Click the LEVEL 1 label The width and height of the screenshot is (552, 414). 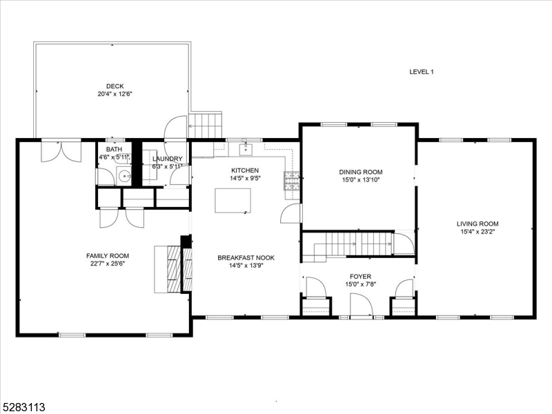421,72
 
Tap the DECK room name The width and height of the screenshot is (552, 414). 115,86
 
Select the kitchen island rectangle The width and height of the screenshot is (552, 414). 232,200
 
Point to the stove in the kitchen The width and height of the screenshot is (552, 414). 291,181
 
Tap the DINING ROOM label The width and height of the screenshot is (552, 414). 359,172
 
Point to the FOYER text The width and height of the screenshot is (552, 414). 359,276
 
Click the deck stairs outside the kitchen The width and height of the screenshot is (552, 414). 206,126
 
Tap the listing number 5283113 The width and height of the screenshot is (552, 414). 25,407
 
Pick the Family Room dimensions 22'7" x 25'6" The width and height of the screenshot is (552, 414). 105,263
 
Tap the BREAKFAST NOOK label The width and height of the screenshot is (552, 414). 241,257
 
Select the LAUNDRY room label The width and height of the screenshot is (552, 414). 167,159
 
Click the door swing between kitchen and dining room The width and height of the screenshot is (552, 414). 291,213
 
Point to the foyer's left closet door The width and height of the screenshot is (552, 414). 315,286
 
